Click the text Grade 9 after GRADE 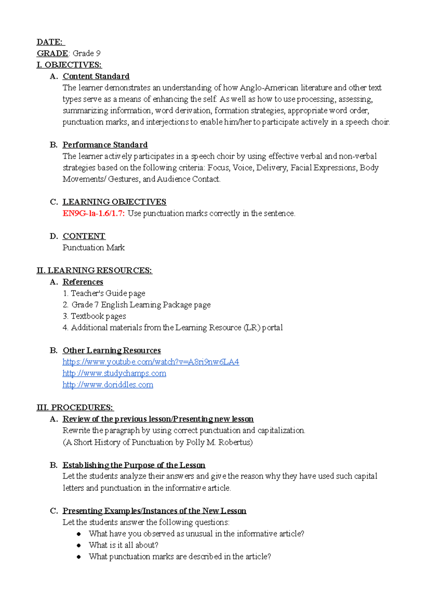[x=86, y=54]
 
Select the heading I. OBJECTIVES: [x=69, y=65]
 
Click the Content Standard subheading [x=96, y=77]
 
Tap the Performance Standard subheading [x=105, y=145]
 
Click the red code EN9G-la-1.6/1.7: [x=94, y=213]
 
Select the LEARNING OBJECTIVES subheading [x=114, y=202]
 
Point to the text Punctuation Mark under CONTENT [x=93, y=248]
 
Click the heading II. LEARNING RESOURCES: [x=94, y=271]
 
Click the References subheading [x=83, y=282]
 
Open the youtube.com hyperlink [x=151, y=362]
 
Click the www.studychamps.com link [x=114, y=374]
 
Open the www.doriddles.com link [x=108, y=385]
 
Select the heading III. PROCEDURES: [x=75, y=408]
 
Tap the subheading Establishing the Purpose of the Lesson [x=134, y=465]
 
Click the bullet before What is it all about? [x=79, y=546]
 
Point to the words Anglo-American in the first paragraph [x=268, y=88]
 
